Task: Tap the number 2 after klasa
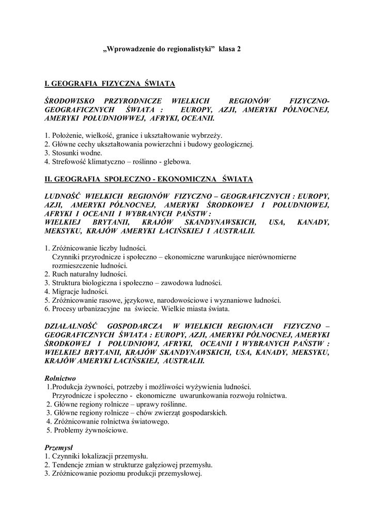tap(239, 49)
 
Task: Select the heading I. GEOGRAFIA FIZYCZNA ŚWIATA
tap(110, 83)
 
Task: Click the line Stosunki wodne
tap(73, 152)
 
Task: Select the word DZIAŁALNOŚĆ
tap(73, 326)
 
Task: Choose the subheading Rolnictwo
tap(60, 378)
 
